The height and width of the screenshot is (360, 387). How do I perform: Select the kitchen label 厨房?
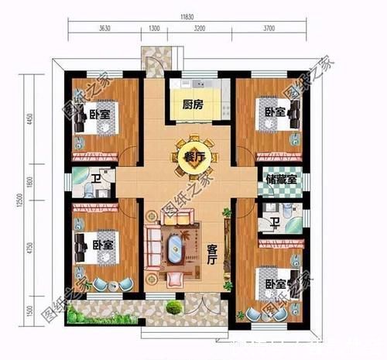[x=193, y=105]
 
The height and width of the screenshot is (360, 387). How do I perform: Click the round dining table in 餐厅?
[x=190, y=157]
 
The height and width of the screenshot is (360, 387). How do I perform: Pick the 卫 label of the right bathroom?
[x=275, y=224]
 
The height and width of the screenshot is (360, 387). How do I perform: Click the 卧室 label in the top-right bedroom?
[x=276, y=112]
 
